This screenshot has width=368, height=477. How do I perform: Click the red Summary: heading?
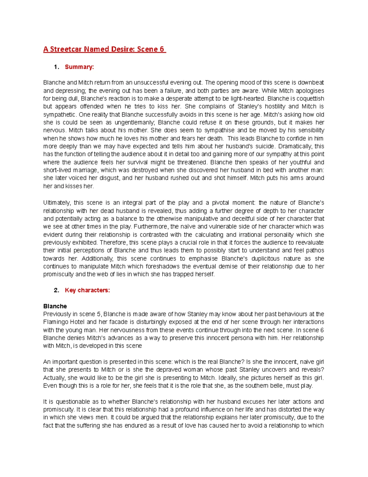[x=79, y=67]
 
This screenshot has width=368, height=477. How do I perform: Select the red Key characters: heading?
[x=87, y=290]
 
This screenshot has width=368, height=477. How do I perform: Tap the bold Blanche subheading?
[x=55, y=306]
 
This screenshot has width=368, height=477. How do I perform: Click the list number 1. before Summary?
[x=56, y=67]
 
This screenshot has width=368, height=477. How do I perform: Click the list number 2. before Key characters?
[x=56, y=290]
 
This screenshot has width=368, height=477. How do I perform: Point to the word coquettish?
[x=310, y=99]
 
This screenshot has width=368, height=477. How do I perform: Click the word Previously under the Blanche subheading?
[x=57, y=314]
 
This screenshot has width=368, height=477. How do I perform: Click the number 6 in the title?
[x=161, y=49]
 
